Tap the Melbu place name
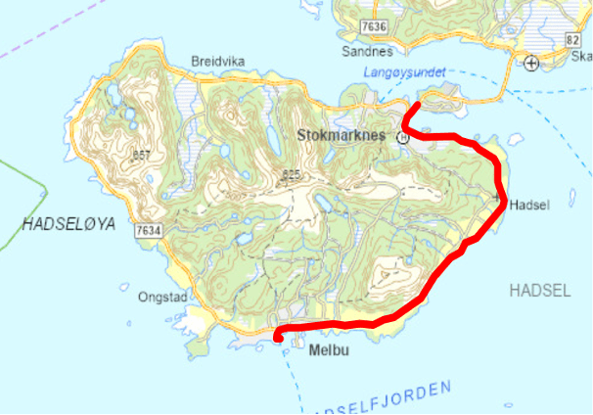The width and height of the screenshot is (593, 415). coord(328,348)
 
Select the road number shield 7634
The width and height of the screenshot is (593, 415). coord(149,229)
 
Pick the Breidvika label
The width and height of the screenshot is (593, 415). coord(217,61)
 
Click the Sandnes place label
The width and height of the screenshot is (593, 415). coord(368,51)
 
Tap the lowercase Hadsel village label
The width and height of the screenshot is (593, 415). coord(528,206)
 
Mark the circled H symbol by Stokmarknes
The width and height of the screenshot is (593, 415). coord(401,139)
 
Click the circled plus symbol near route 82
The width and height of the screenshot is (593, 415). coord(531,64)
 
